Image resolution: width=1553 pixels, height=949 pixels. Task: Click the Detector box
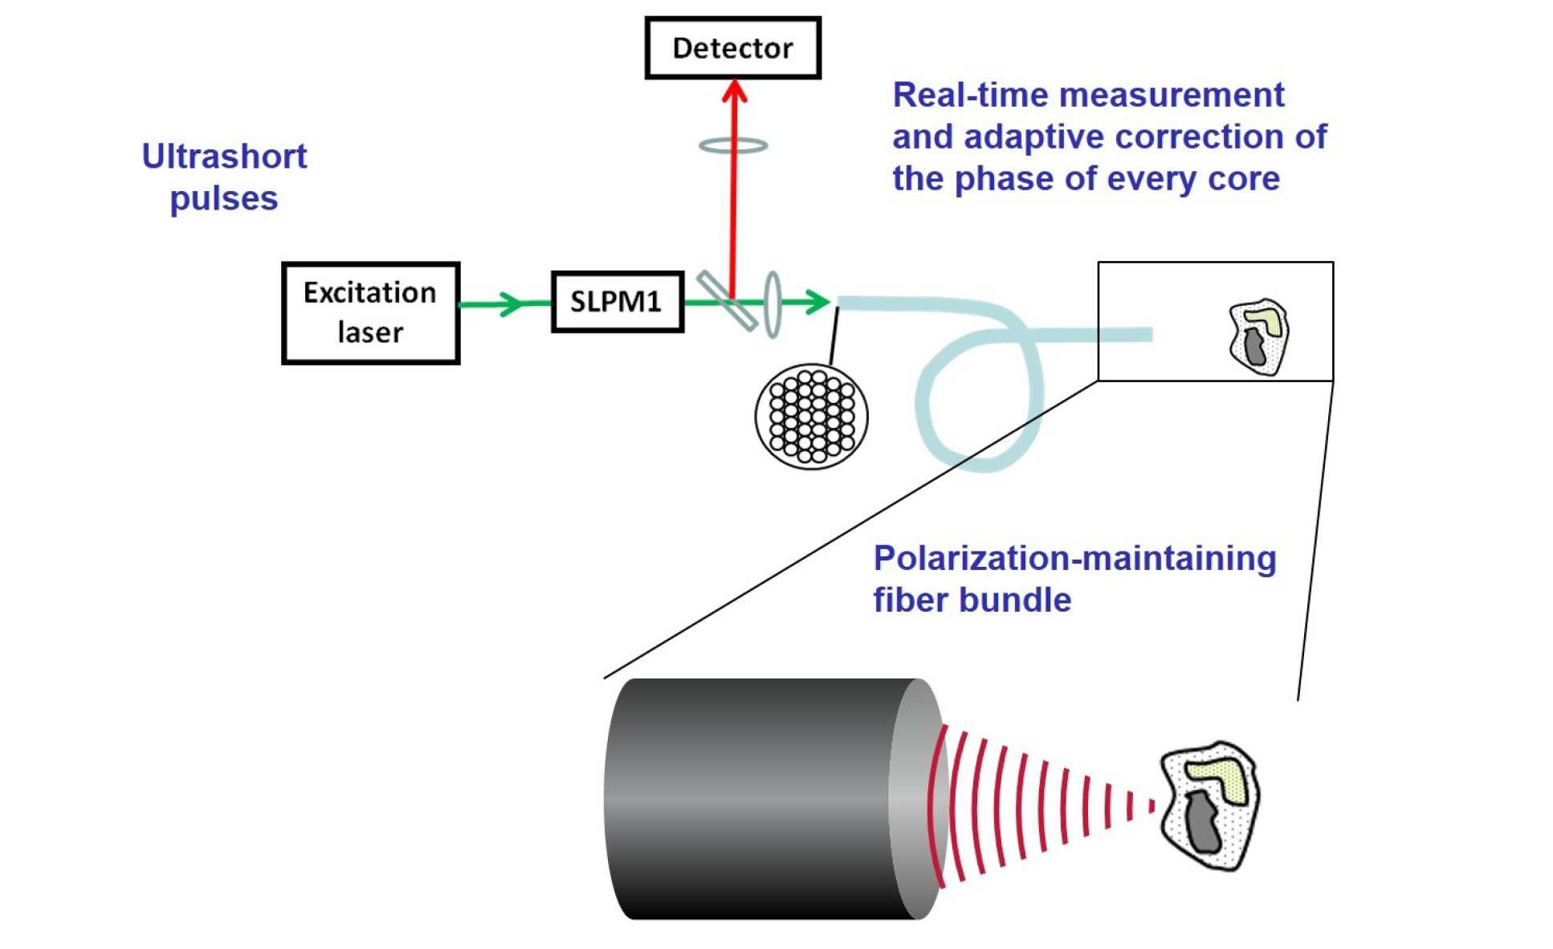tap(732, 48)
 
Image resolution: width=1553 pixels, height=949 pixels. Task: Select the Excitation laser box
tap(370, 313)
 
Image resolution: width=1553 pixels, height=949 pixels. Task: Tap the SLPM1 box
tap(617, 302)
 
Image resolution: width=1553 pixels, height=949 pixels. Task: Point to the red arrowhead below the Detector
tap(734, 91)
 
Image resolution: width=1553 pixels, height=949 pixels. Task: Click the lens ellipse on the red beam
tap(733, 145)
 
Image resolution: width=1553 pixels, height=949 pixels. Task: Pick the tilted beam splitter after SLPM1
tap(726, 301)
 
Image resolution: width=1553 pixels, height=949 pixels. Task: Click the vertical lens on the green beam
tap(772, 304)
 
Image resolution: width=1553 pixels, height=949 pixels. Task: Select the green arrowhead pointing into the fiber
tap(817, 302)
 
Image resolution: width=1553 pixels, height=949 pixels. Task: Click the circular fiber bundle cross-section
tap(812, 417)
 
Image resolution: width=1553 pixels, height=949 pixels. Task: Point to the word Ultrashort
tap(224, 157)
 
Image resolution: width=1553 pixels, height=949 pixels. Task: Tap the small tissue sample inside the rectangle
tap(1258, 336)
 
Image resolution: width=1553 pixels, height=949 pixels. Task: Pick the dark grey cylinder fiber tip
tap(763, 799)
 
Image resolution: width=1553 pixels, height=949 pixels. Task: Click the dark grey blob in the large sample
tap(1203, 822)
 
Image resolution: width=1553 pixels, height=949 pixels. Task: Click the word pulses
tap(224, 199)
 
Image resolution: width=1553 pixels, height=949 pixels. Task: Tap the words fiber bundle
tap(972, 600)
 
